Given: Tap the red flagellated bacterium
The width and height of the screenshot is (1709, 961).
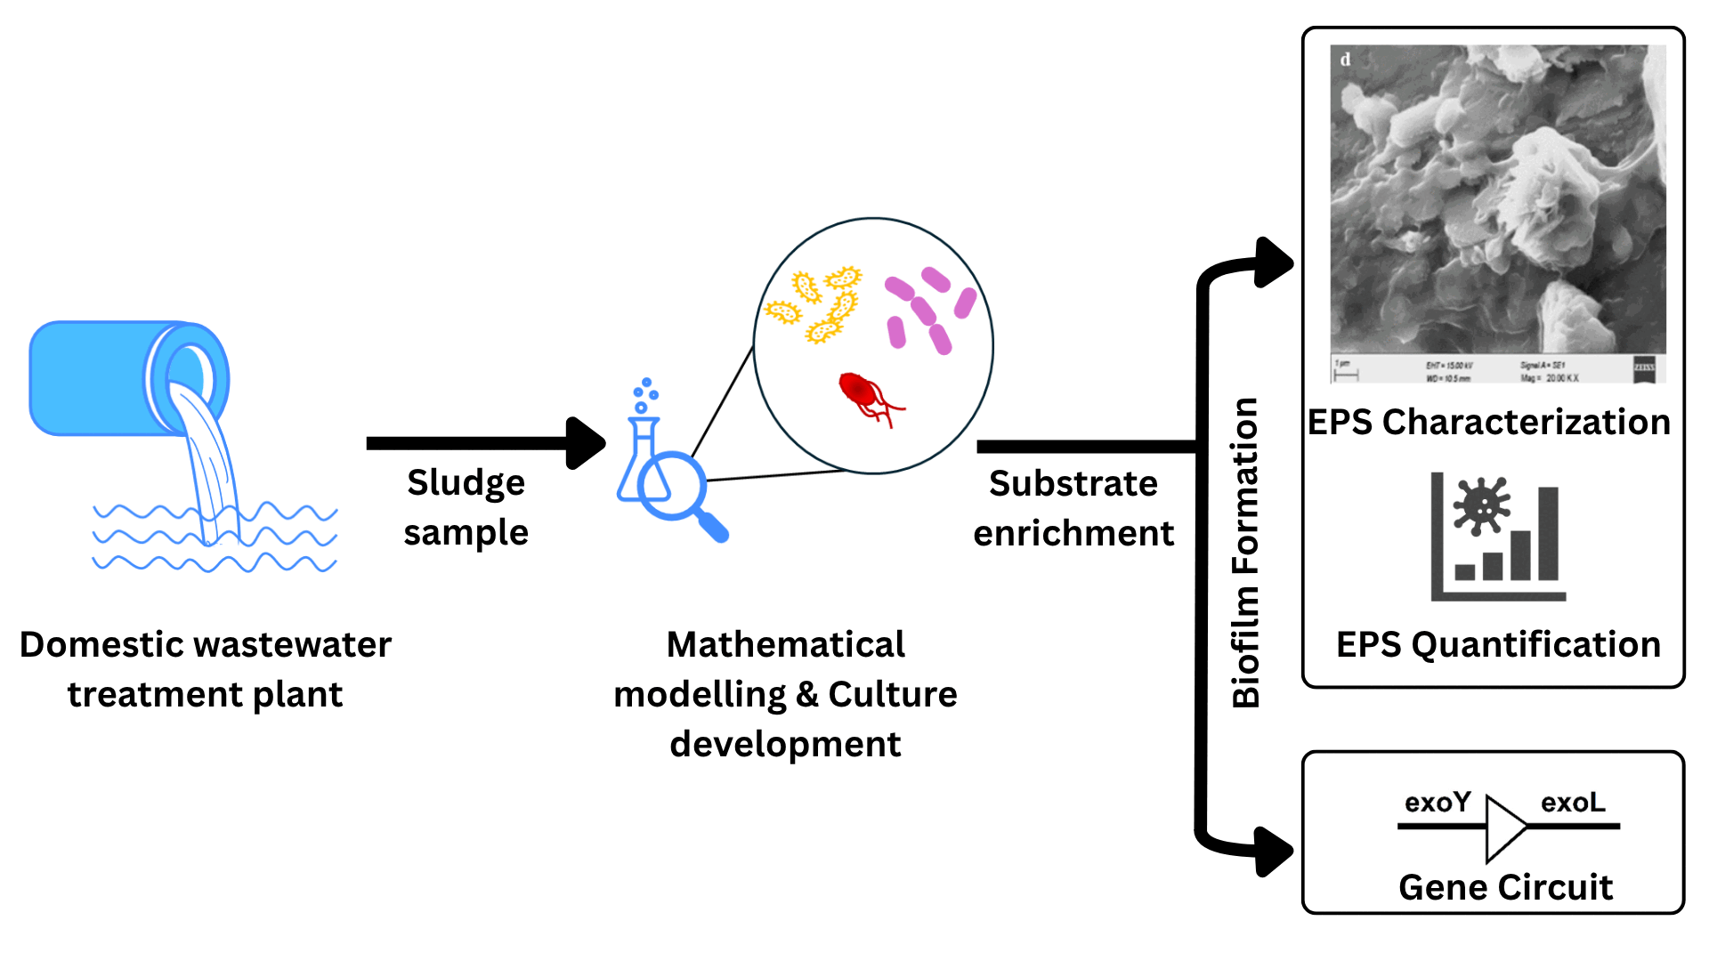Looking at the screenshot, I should (x=859, y=392).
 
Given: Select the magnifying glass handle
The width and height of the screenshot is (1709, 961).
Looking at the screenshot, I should (x=713, y=527).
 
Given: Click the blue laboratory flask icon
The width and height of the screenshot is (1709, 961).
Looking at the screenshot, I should (x=643, y=463).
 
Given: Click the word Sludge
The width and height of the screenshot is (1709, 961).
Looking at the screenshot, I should (x=466, y=483).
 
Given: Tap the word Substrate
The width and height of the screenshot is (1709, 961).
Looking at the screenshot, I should (x=1073, y=484).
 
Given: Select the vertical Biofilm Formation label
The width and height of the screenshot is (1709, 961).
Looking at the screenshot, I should (x=1245, y=552).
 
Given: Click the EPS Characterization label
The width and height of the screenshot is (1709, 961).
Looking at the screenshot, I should (x=1488, y=422).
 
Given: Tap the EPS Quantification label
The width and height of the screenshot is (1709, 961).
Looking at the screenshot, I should (x=1498, y=644).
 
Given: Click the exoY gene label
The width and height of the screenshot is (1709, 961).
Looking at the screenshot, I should (x=1437, y=803).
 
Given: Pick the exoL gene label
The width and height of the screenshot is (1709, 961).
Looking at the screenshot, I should (x=1573, y=803).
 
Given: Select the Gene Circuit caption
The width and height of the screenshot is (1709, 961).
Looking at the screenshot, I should (x=1505, y=887).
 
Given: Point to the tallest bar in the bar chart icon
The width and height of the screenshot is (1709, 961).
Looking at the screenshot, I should (x=1548, y=534).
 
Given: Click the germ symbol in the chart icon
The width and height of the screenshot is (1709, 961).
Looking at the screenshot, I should (x=1481, y=505).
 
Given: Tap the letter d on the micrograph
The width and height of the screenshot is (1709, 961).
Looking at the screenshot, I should (x=1345, y=60).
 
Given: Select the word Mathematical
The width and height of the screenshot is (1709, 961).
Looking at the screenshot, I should (x=785, y=645).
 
